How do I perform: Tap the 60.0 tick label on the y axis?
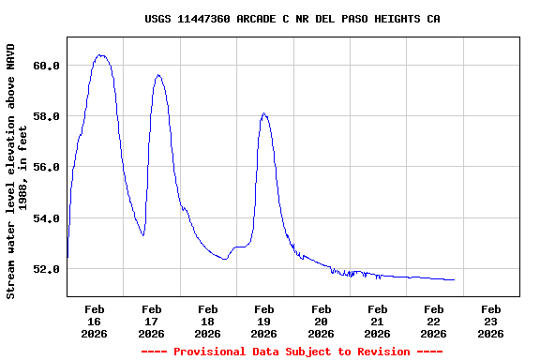click(47, 66)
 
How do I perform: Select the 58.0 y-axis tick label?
click(47, 116)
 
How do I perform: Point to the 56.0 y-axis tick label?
click(47, 167)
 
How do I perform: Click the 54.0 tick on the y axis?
click(47, 218)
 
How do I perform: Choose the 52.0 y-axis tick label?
click(47, 269)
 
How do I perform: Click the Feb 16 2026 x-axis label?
click(95, 321)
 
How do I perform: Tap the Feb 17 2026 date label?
click(151, 321)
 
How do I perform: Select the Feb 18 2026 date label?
click(207, 321)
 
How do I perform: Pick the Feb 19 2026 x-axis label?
click(264, 321)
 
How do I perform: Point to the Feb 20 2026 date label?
click(321, 321)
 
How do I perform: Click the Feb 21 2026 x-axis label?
click(377, 321)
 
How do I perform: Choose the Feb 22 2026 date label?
click(433, 321)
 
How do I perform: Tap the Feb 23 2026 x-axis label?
click(489, 321)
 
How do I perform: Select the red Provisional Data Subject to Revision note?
click(292, 352)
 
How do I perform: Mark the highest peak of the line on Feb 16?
click(100, 54)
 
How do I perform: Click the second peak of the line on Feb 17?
click(158, 75)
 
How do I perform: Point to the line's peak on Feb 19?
click(264, 113)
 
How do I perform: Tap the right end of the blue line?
click(454, 279)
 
